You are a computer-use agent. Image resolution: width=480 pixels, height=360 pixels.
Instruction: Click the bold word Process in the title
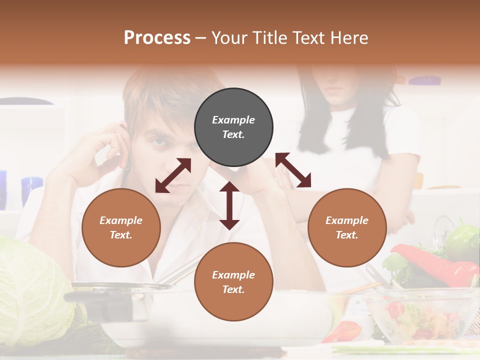(157, 38)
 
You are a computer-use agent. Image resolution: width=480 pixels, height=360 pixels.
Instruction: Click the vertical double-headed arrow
(229, 205)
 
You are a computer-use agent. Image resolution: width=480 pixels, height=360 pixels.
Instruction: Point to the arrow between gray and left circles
(173, 175)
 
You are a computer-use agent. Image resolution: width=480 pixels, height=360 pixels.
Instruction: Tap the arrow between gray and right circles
(293, 170)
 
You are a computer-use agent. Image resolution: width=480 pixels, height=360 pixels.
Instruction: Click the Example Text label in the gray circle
(233, 127)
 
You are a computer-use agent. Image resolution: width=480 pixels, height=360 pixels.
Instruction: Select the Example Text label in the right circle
(347, 227)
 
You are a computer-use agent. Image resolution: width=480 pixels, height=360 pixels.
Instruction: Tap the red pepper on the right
(435, 265)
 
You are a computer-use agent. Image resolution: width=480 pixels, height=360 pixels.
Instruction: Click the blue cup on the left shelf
(31, 190)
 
